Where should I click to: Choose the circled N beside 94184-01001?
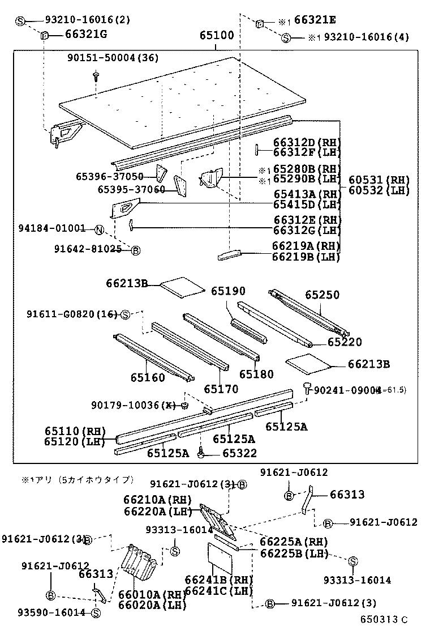coord(98,229)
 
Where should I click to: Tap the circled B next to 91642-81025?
coord(135,249)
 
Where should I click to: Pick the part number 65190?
coord(229,291)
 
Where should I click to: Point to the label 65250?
coord(322,295)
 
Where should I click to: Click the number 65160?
coord(148,378)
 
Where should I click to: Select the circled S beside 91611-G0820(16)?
coord(126,314)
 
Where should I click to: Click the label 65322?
coord(239,453)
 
